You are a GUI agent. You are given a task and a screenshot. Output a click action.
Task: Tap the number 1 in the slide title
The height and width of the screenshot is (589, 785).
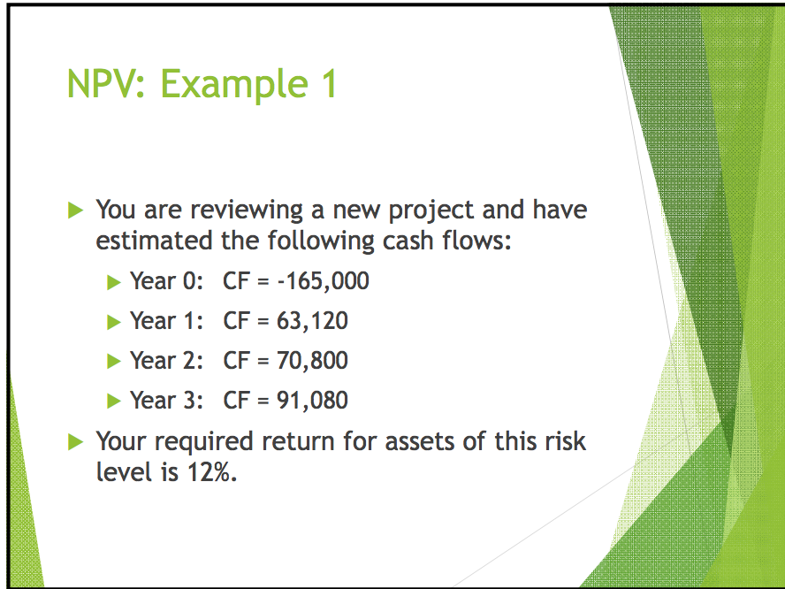(x=324, y=84)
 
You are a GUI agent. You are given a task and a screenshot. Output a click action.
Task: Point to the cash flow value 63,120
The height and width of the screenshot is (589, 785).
(x=312, y=321)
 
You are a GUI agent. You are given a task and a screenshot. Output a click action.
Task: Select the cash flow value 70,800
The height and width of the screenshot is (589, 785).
(x=312, y=361)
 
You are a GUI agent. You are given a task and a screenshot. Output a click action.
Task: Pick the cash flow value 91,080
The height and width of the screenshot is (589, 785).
(x=312, y=401)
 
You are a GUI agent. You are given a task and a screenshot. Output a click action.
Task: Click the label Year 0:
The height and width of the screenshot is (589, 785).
(x=167, y=281)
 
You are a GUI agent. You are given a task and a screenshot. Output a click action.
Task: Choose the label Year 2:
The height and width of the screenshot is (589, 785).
(x=167, y=361)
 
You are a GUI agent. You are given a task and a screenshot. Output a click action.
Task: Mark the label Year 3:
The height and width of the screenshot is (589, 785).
(x=167, y=401)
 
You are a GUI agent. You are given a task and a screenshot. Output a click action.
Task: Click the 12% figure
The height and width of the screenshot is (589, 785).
(x=211, y=471)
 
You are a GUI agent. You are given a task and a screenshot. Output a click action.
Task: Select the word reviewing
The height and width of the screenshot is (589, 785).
(x=243, y=212)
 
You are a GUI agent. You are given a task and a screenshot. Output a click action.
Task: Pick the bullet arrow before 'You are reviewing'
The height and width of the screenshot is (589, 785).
(x=77, y=210)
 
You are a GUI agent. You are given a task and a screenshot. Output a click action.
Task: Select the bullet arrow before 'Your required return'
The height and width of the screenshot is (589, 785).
(x=77, y=440)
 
